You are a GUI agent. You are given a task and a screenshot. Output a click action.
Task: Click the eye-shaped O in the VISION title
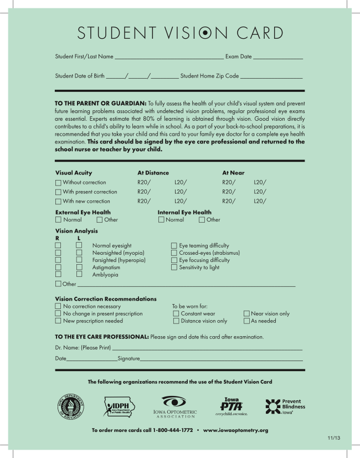(x=205, y=33)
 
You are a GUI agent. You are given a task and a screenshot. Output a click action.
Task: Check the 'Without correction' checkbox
(x=58, y=182)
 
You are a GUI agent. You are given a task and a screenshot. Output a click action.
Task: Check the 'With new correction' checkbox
(x=58, y=201)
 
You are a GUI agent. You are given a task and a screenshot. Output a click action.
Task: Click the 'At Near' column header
(x=233, y=173)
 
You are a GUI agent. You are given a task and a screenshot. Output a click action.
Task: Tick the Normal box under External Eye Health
(x=58, y=220)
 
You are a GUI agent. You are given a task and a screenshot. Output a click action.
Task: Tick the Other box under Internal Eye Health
(x=202, y=220)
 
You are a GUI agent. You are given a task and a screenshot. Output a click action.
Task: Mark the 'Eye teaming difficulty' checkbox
(x=174, y=245)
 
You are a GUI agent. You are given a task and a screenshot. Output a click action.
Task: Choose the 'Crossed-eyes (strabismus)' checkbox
(x=174, y=253)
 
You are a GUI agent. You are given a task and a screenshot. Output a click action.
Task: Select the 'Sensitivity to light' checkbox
(x=174, y=267)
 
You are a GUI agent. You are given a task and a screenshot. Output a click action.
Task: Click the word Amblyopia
(x=105, y=274)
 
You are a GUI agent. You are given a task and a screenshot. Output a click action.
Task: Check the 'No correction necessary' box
(x=58, y=306)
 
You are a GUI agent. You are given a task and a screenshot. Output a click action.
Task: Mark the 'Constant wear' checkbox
(x=176, y=313)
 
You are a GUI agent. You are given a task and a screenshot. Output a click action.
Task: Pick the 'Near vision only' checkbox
(x=246, y=313)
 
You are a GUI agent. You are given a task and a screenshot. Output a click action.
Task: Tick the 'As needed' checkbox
(x=246, y=321)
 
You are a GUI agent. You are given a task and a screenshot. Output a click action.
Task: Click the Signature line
(x=222, y=360)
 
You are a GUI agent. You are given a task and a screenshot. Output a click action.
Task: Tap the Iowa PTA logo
(x=232, y=406)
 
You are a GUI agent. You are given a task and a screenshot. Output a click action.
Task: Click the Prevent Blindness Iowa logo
(x=285, y=406)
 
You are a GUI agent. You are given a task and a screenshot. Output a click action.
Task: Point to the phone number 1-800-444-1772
(x=172, y=430)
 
